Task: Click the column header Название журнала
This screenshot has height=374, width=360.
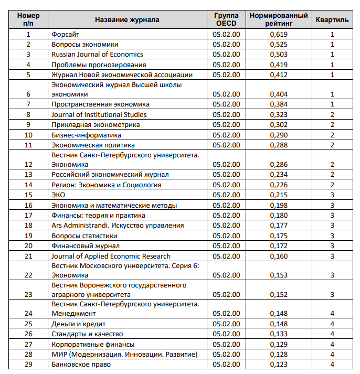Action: click(x=127, y=20)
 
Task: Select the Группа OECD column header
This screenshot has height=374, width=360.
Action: click(x=227, y=20)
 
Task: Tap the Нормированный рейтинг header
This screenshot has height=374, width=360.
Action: click(x=279, y=20)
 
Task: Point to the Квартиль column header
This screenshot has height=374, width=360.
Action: click(x=332, y=20)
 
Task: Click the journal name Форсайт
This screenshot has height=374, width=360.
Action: click(x=65, y=35)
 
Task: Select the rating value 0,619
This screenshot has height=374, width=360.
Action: click(x=279, y=35)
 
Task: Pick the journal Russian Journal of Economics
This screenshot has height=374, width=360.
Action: click(x=97, y=55)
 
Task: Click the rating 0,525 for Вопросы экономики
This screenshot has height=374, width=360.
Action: click(x=279, y=45)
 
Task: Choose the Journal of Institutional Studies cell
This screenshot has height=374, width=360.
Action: click(x=99, y=114)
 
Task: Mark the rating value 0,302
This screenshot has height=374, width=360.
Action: click(x=279, y=125)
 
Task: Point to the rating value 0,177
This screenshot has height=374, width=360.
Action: click(x=279, y=226)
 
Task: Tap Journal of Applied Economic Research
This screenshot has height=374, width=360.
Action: click(x=111, y=256)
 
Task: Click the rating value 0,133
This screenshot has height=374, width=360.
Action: click(x=279, y=334)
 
